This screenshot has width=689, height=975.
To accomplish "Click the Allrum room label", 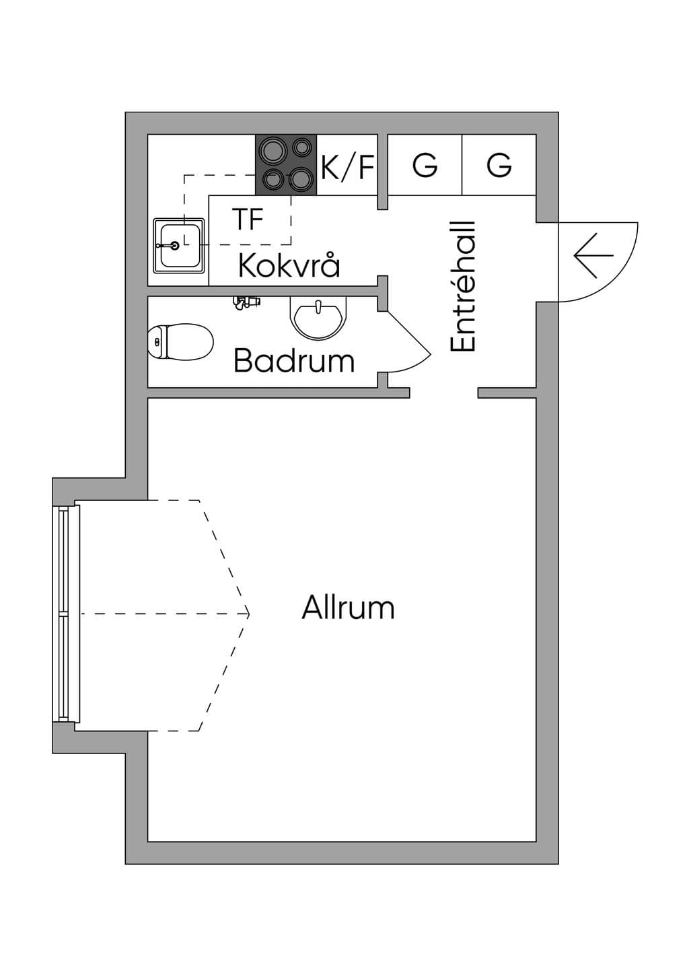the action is [348, 607].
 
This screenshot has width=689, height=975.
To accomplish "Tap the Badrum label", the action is [294, 360].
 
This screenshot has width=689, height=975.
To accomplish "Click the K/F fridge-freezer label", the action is [347, 167].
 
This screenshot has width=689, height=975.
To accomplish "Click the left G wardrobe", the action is [425, 164].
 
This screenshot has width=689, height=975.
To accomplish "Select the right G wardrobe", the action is [499, 164].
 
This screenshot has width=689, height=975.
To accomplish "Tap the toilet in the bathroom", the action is [180, 341].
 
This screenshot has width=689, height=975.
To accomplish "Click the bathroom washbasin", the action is [318, 319].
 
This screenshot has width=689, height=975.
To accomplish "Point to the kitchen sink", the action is [179, 246].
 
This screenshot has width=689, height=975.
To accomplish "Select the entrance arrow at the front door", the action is [593, 255].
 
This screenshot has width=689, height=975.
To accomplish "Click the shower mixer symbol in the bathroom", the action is [246, 302].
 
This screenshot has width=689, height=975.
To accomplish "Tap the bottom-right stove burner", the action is [301, 178].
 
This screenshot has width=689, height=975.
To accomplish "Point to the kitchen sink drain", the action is [175, 246].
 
